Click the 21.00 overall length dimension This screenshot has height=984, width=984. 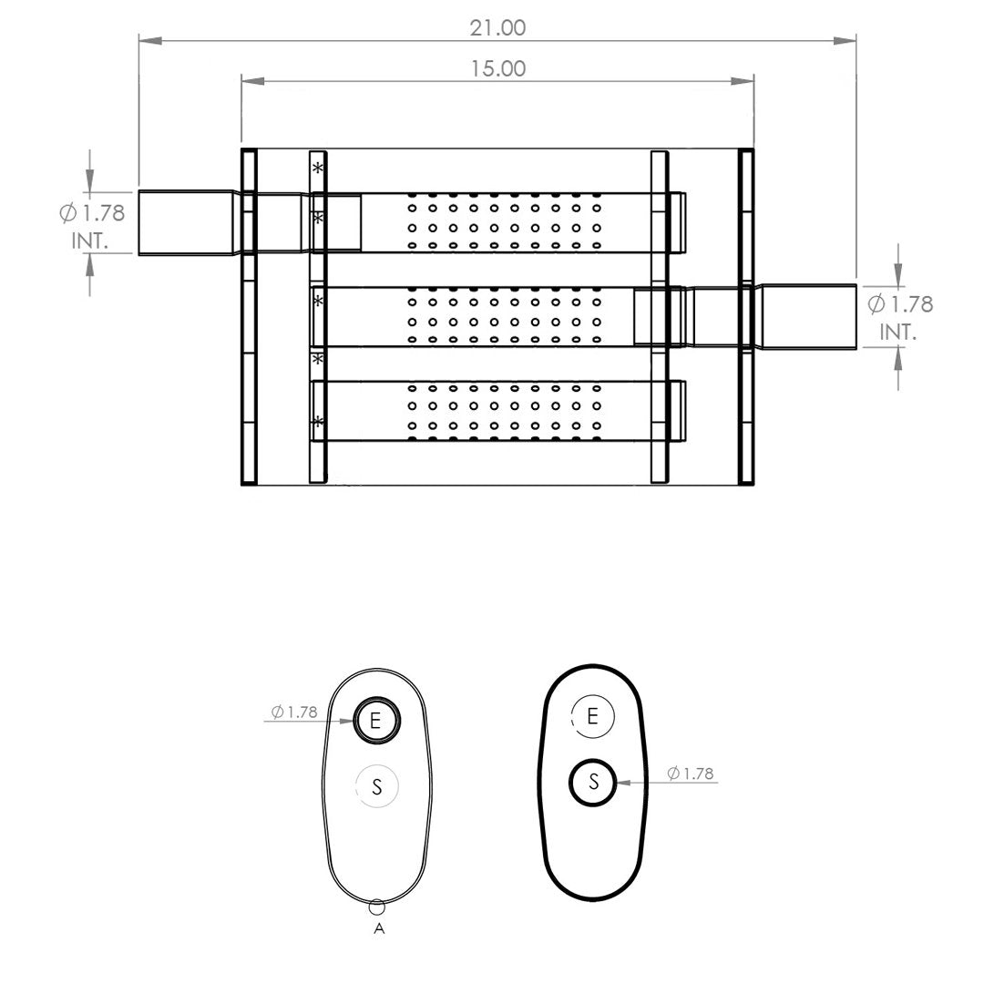[x=497, y=27]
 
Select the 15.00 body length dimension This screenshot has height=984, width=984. [x=498, y=68]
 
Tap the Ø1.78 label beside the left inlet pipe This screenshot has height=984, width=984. [x=92, y=212]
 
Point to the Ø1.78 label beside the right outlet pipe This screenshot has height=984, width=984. [x=900, y=304]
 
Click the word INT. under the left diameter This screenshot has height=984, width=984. [x=89, y=241]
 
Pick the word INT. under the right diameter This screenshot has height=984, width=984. [x=898, y=332]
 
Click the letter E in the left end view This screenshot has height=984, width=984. [x=375, y=720]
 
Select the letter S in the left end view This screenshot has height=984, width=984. [x=376, y=786]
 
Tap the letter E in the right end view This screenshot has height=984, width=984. [x=592, y=716]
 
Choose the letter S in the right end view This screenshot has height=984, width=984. [x=593, y=782]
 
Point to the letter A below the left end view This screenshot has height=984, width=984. [x=378, y=928]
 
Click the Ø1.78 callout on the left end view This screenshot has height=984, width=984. [x=294, y=712]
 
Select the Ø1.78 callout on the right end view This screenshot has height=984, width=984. [x=691, y=774]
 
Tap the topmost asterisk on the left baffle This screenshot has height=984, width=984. [x=318, y=169]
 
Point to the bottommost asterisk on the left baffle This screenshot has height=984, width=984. [x=318, y=421]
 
